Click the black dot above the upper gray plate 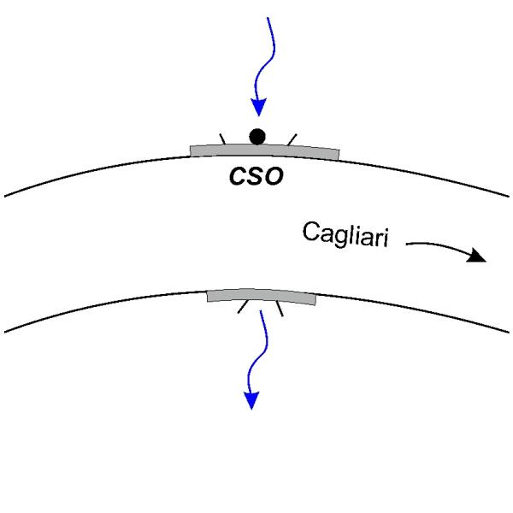pyautogui.click(x=257, y=137)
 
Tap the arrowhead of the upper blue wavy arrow pyautogui.click(x=259, y=107)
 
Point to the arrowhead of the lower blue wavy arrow pyautogui.click(x=251, y=400)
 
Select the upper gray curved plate pyautogui.click(x=265, y=150)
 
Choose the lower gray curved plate pyautogui.click(x=261, y=296)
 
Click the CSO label pyautogui.click(x=256, y=176)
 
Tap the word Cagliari pyautogui.click(x=345, y=234)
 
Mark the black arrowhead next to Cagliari pyautogui.click(x=477, y=255)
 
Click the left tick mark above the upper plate pyautogui.click(x=222, y=139)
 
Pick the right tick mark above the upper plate pyautogui.click(x=292, y=139)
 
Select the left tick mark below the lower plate pyautogui.click(x=243, y=307)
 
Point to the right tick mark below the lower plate pyautogui.click(x=280, y=309)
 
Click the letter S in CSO pyautogui.click(x=256, y=176)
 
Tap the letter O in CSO pyautogui.click(x=274, y=177)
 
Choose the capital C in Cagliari pyautogui.click(x=311, y=232)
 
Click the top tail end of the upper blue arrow pyautogui.click(x=268, y=17)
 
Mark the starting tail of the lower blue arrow pyautogui.click(x=261, y=310)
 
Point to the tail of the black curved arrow pyautogui.click(x=406, y=244)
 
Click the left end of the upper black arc pyautogui.click(x=4, y=197)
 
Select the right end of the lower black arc pyautogui.click(x=509, y=332)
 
